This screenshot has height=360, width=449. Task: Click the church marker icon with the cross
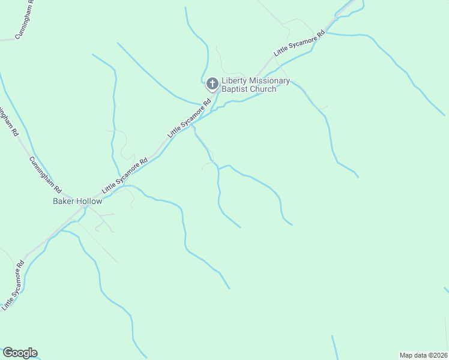tap(212, 84)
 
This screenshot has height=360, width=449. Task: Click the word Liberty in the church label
tap(234, 81)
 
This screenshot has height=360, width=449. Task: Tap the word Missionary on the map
tap(269, 81)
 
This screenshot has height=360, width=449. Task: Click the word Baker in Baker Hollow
tap(64, 202)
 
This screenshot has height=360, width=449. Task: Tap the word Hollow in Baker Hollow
tap(89, 202)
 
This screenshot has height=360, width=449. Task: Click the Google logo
tap(20, 353)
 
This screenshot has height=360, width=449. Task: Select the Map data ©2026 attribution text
tap(424, 355)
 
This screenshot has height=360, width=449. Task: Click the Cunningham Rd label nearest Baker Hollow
tap(42, 175)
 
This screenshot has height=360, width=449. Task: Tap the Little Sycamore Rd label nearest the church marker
tap(190, 118)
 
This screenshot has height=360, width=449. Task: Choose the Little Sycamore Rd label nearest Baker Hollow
tap(125, 175)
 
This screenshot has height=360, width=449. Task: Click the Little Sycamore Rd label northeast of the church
tap(299, 43)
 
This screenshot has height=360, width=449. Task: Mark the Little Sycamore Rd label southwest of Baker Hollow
tap(13, 285)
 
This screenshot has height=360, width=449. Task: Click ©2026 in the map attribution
tap(437, 355)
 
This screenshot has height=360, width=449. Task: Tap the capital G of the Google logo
tap(8, 353)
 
